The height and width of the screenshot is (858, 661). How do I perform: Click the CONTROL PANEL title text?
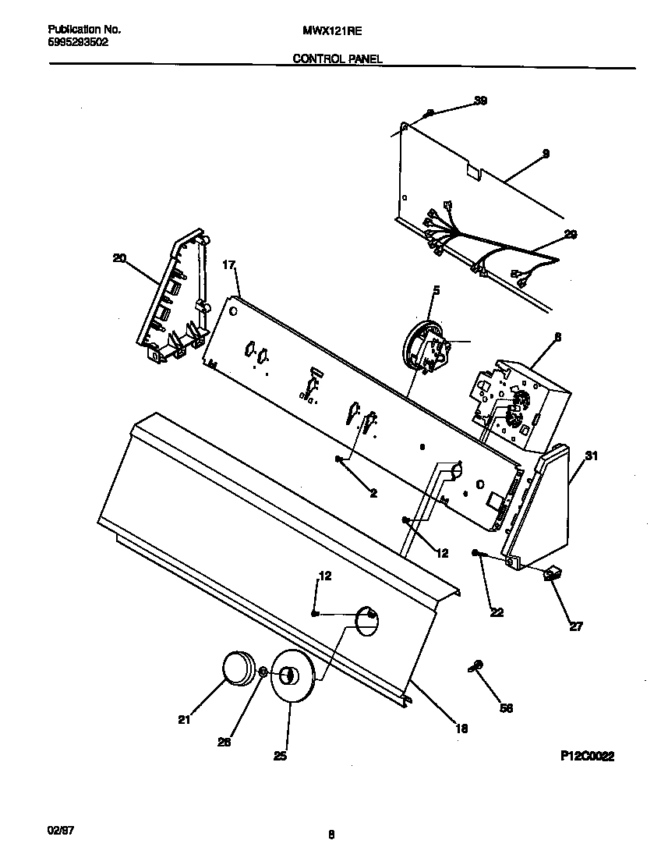pyautogui.click(x=338, y=58)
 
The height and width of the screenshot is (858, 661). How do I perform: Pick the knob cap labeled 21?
pyautogui.click(x=239, y=668)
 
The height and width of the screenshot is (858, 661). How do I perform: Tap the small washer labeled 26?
pyautogui.click(x=264, y=672)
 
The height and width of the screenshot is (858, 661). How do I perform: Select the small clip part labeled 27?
pyautogui.click(x=554, y=575)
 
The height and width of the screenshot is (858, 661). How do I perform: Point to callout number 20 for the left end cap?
pyautogui.click(x=119, y=257)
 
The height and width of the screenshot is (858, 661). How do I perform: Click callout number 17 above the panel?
pyautogui.click(x=229, y=265)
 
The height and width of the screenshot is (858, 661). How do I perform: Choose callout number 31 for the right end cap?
pyautogui.click(x=591, y=456)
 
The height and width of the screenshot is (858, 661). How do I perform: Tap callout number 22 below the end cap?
pyautogui.click(x=497, y=612)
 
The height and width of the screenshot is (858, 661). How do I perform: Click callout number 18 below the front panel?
pyautogui.click(x=461, y=729)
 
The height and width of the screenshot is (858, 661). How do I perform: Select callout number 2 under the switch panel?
pyautogui.click(x=373, y=493)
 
